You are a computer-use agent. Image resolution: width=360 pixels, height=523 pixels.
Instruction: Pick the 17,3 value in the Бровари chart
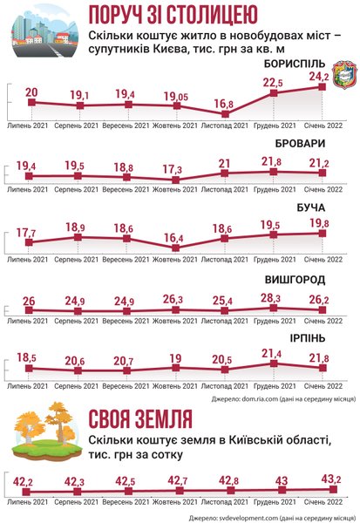[174, 167]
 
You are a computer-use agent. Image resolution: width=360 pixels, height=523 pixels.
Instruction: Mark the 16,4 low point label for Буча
[175, 237]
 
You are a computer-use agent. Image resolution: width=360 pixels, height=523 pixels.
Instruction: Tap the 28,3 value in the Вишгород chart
[273, 298]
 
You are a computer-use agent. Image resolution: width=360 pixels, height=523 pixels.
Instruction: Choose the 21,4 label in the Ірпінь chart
[273, 353]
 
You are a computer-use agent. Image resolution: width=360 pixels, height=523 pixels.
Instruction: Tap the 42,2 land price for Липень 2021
[24, 480]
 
